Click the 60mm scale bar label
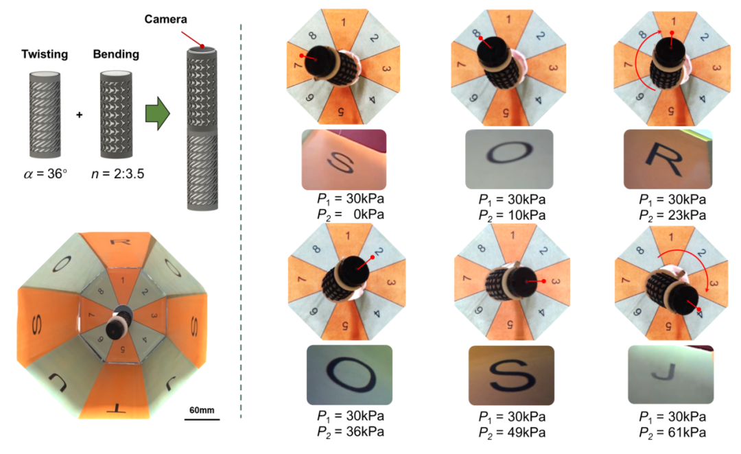tap(202, 409)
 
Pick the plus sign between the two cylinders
tap(80, 115)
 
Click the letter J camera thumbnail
tap(670, 374)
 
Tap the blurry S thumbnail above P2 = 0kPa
tap(344, 160)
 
